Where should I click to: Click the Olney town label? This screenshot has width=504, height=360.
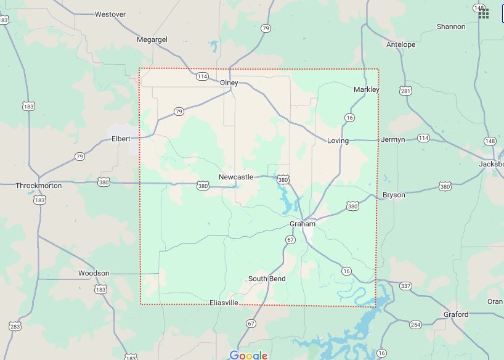(x=229, y=83)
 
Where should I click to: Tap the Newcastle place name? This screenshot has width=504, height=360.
(x=236, y=177)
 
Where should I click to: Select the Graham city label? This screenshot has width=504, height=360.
(x=303, y=224)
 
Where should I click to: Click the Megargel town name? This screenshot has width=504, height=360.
(x=152, y=40)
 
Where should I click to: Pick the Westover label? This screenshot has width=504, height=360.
(x=110, y=14)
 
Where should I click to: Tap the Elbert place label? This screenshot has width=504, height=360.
(x=121, y=139)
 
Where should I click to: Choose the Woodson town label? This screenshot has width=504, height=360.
(x=94, y=273)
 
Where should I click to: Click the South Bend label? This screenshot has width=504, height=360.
(x=267, y=279)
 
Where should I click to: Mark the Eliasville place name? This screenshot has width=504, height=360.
(x=224, y=303)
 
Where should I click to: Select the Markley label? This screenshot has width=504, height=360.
(x=367, y=89)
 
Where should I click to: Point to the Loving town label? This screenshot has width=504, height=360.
(x=338, y=141)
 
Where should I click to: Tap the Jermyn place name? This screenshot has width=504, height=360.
(x=393, y=139)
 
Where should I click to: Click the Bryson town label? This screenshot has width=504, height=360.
(x=394, y=195)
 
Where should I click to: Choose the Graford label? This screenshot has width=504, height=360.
(x=456, y=314)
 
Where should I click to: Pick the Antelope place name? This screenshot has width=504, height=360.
(x=400, y=44)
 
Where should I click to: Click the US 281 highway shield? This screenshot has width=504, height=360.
(x=405, y=91)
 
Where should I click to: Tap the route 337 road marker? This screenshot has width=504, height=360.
(x=405, y=285)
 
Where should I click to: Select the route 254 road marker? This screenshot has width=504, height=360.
(x=416, y=325)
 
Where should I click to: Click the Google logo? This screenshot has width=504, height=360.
(x=248, y=354)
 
